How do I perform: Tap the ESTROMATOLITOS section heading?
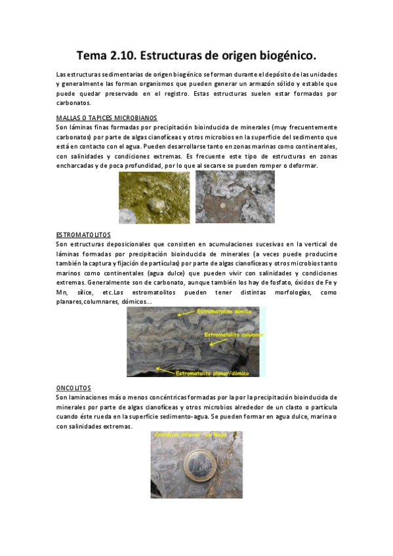pos(83,234)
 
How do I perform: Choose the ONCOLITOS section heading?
pos(73,387)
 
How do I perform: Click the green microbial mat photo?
pos(154,197)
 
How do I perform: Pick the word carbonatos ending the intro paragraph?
pos(74,104)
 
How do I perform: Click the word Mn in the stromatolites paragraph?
pos(63,292)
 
